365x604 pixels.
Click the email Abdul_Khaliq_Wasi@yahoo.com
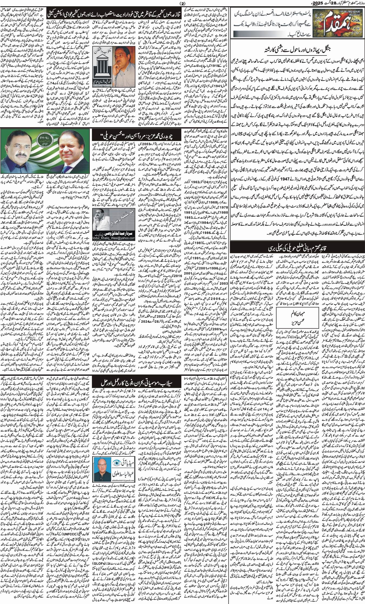click(114, 238)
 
